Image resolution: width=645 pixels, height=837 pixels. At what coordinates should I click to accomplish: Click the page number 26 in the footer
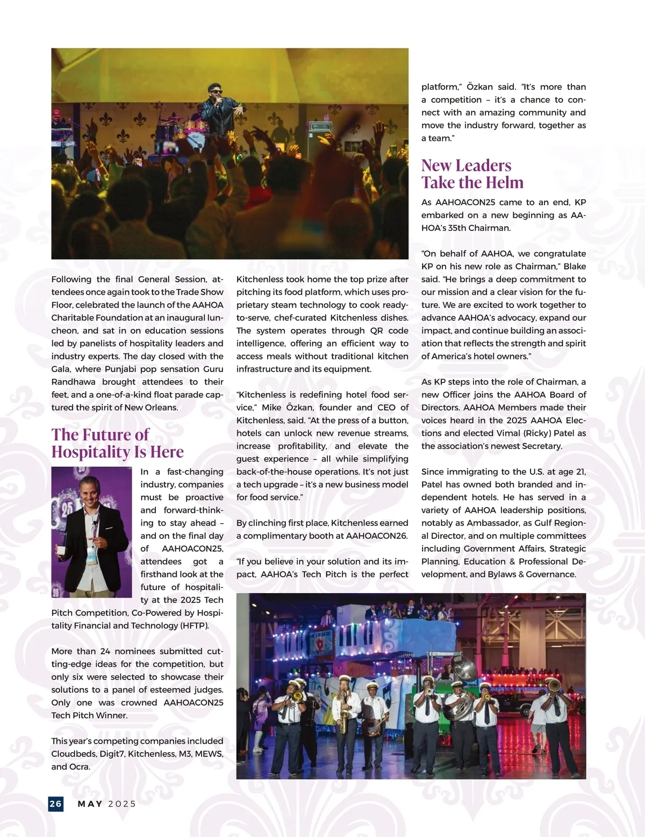point(55,804)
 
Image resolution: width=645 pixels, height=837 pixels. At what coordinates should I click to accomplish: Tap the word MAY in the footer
point(90,804)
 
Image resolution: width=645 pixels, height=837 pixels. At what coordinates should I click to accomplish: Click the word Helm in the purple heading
point(503,183)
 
